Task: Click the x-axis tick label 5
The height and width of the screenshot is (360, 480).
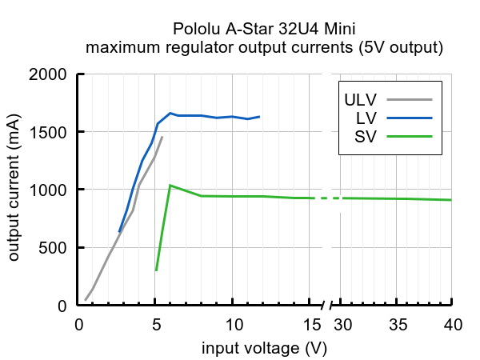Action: coord(156,324)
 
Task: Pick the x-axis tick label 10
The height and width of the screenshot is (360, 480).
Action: coord(234,324)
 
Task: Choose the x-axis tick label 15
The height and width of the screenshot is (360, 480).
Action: coord(311,324)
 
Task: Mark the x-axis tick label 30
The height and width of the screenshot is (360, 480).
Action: coord(342,324)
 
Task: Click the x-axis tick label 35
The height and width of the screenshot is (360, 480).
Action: coord(398,324)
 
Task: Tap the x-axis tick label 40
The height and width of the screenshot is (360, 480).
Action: coord(452,324)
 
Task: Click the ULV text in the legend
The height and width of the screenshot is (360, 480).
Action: coord(361,100)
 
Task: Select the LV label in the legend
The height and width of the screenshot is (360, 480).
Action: coord(366,118)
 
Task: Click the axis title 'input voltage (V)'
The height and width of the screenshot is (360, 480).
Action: coord(264,348)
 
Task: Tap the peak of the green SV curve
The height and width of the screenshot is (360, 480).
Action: coord(170,186)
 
